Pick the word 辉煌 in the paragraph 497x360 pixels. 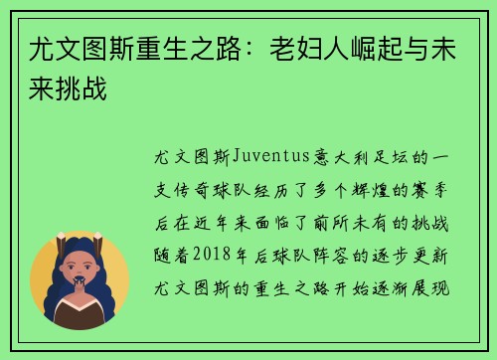(x=387, y=187)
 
